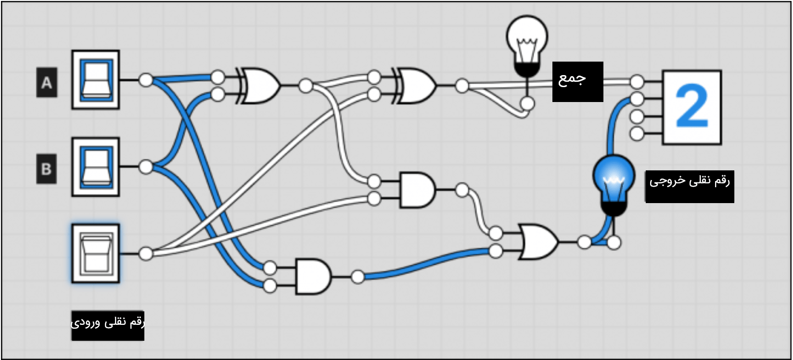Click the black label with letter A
(x=47, y=82)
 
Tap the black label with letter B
(x=47, y=169)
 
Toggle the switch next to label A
(x=96, y=80)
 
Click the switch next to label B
(x=96, y=167)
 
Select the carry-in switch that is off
(x=96, y=254)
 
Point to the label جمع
(x=578, y=82)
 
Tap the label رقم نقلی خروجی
(x=690, y=187)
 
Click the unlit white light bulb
(x=527, y=46)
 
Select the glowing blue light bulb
(x=614, y=185)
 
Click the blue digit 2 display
(x=692, y=107)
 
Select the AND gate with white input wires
(x=417, y=190)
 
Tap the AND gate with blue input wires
(x=313, y=276)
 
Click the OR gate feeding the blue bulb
(x=538, y=242)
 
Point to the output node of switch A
(x=146, y=80)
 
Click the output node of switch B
(x=146, y=167)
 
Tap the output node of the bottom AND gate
(x=358, y=276)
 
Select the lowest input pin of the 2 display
(x=637, y=134)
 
